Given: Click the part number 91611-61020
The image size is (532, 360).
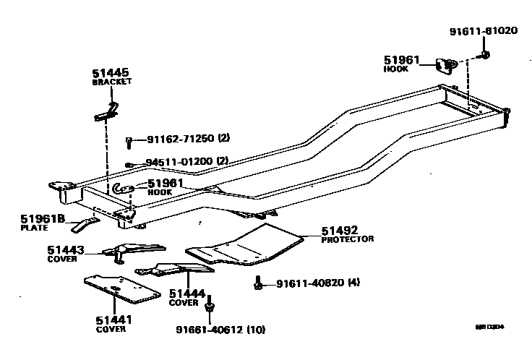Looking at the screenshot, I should (x=484, y=31).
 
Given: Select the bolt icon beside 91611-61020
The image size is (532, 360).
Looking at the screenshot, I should (x=484, y=54).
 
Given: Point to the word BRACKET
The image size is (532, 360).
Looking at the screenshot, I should (x=111, y=82).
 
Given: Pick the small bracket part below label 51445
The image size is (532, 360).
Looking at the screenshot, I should (x=107, y=112).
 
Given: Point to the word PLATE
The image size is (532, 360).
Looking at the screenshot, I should (x=33, y=228).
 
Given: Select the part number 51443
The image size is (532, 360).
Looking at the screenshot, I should (x=66, y=250).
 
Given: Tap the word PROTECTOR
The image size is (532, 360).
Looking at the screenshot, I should (x=347, y=239).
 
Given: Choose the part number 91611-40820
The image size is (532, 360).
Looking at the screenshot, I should (x=309, y=283).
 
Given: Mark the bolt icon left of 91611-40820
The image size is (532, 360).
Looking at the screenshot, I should (x=258, y=283).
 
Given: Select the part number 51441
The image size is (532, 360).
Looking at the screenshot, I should (x=113, y=319).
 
